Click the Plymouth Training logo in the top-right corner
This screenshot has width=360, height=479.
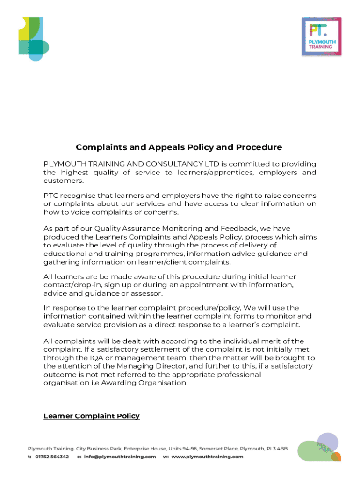pos(322,36)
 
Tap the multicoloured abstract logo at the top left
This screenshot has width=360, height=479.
pos(34,38)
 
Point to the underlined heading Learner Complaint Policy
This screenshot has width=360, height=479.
pos(92,416)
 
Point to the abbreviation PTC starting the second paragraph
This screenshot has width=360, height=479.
pos(51,196)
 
